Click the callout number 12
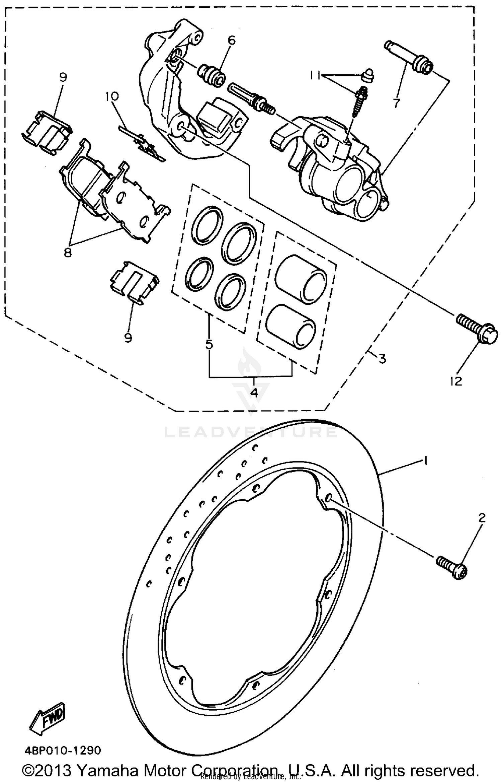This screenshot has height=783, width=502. click(x=456, y=381)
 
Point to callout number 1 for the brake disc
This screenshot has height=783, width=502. click(x=425, y=461)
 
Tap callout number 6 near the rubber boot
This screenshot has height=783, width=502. click(x=232, y=41)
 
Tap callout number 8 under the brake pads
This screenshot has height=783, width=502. click(x=68, y=253)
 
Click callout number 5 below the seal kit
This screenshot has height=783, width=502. click(x=209, y=344)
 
